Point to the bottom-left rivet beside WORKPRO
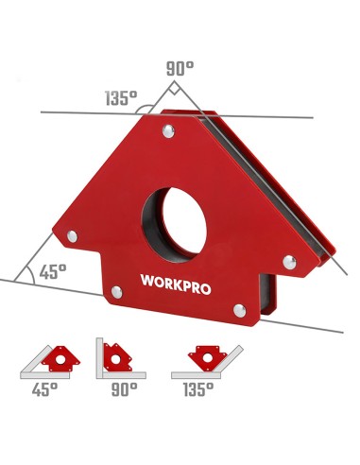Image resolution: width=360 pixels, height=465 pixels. click(x=116, y=292)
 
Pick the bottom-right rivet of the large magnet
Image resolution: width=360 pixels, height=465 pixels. click(x=239, y=307)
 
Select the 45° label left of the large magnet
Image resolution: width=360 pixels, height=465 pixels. click(x=53, y=271)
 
